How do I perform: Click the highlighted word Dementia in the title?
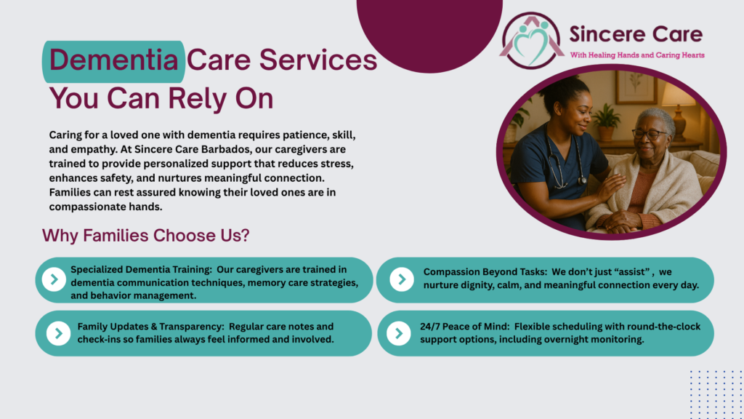[x=113, y=60]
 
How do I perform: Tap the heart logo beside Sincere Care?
[x=531, y=41]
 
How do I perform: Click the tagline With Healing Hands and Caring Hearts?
[x=636, y=55]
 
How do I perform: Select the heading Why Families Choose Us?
[x=145, y=235]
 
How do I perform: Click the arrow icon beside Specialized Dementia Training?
[x=54, y=279]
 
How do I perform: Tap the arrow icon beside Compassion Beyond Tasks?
[x=401, y=279]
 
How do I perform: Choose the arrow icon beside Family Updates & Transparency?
[x=58, y=333]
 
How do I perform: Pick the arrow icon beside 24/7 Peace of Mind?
[x=399, y=333]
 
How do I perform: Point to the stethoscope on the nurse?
[x=565, y=161]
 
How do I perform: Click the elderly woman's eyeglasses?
[x=648, y=134]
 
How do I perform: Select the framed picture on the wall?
[x=636, y=88]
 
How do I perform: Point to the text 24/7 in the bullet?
[x=429, y=327]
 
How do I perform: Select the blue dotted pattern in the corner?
[x=716, y=394]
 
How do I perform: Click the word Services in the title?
[x=318, y=60]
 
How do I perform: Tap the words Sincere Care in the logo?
[x=636, y=34]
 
